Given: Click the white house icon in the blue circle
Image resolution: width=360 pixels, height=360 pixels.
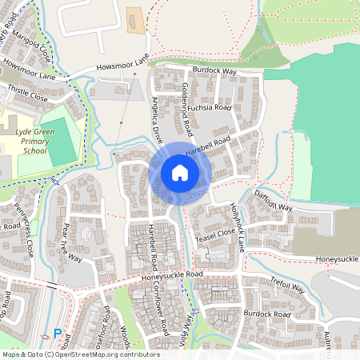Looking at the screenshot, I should pyautogui.click(x=180, y=173).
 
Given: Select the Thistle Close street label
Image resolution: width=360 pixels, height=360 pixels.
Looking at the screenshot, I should pyautogui.click(x=27, y=97).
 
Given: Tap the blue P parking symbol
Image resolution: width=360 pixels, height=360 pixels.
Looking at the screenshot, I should pyautogui.click(x=58, y=333).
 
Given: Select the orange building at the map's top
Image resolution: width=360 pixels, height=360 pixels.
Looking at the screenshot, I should pyautogui.click(x=136, y=22).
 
